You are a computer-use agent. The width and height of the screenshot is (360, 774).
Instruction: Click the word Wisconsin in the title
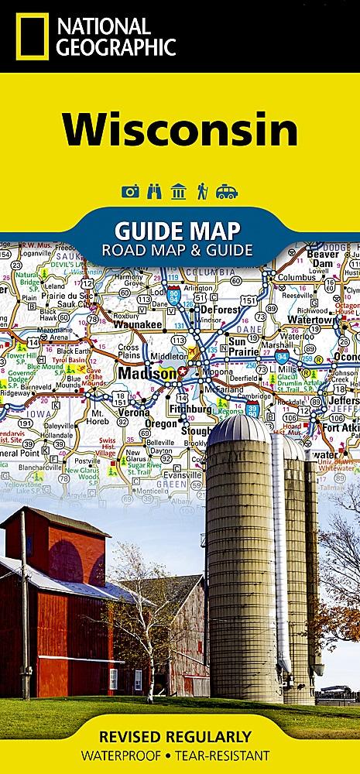[x=180, y=131]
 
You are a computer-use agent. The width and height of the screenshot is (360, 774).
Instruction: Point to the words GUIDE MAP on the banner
[x=177, y=230]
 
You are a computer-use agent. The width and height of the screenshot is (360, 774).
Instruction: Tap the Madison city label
[x=147, y=374]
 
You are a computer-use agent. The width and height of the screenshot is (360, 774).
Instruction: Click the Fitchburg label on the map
[x=192, y=408]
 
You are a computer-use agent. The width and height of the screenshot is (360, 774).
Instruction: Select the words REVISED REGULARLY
[x=180, y=736]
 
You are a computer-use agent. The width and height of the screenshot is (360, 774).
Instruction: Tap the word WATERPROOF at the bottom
[x=129, y=755]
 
